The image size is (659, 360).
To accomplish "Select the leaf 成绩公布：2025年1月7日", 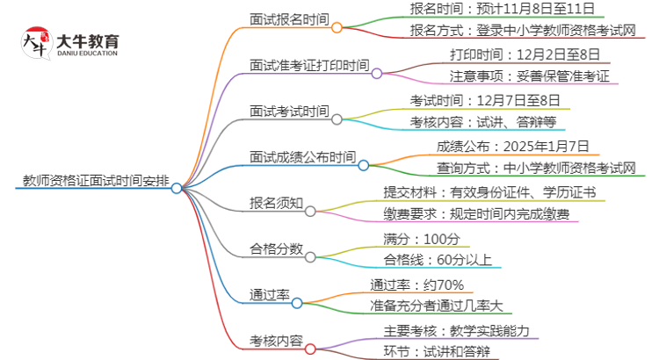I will click(513, 146).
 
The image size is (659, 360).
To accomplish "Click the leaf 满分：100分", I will click(421, 238).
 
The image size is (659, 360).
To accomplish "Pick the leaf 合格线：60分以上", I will click(438, 261).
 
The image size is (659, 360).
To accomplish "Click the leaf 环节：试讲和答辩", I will click(437, 352).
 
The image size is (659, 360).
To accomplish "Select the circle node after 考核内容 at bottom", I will click(309, 349).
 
